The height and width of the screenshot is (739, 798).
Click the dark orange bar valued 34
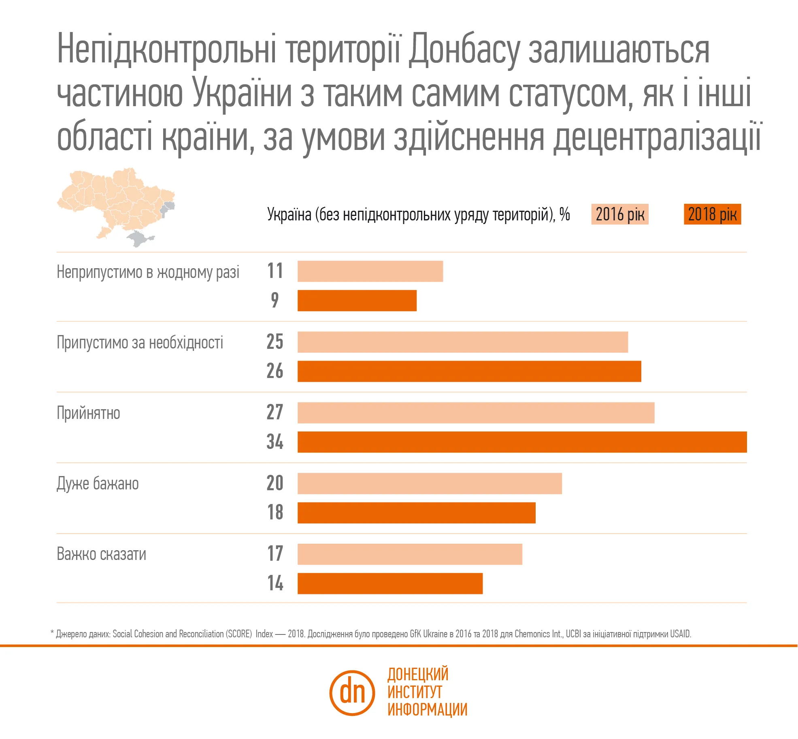521,442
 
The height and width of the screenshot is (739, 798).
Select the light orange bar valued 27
475,412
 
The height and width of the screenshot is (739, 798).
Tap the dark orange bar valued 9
357,300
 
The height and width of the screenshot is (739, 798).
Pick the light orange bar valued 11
370,271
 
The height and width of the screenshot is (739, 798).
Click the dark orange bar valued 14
389,583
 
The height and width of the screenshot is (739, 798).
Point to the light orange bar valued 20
429,483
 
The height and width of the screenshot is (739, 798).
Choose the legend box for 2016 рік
619,214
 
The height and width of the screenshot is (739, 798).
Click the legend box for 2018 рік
712,214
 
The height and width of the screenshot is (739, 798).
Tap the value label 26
275,371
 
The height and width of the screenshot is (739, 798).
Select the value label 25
275,342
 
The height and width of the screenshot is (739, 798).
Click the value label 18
275,512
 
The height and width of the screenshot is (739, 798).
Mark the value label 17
275,553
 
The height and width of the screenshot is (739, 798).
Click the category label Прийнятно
88,413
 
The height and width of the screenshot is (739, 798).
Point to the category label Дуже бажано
98,484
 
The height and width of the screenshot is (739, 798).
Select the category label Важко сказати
101,554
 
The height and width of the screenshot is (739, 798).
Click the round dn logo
352,692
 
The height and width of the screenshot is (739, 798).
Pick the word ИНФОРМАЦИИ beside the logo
427,709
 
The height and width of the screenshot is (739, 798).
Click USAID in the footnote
680,634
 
